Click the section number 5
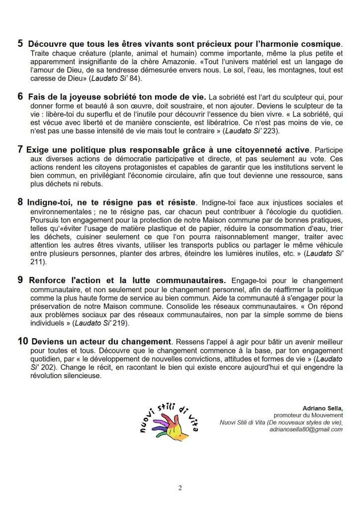[20, 43]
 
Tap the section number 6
[20, 97]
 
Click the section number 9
[20, 280]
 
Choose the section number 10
[23, 342]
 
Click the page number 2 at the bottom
[180, 488]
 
